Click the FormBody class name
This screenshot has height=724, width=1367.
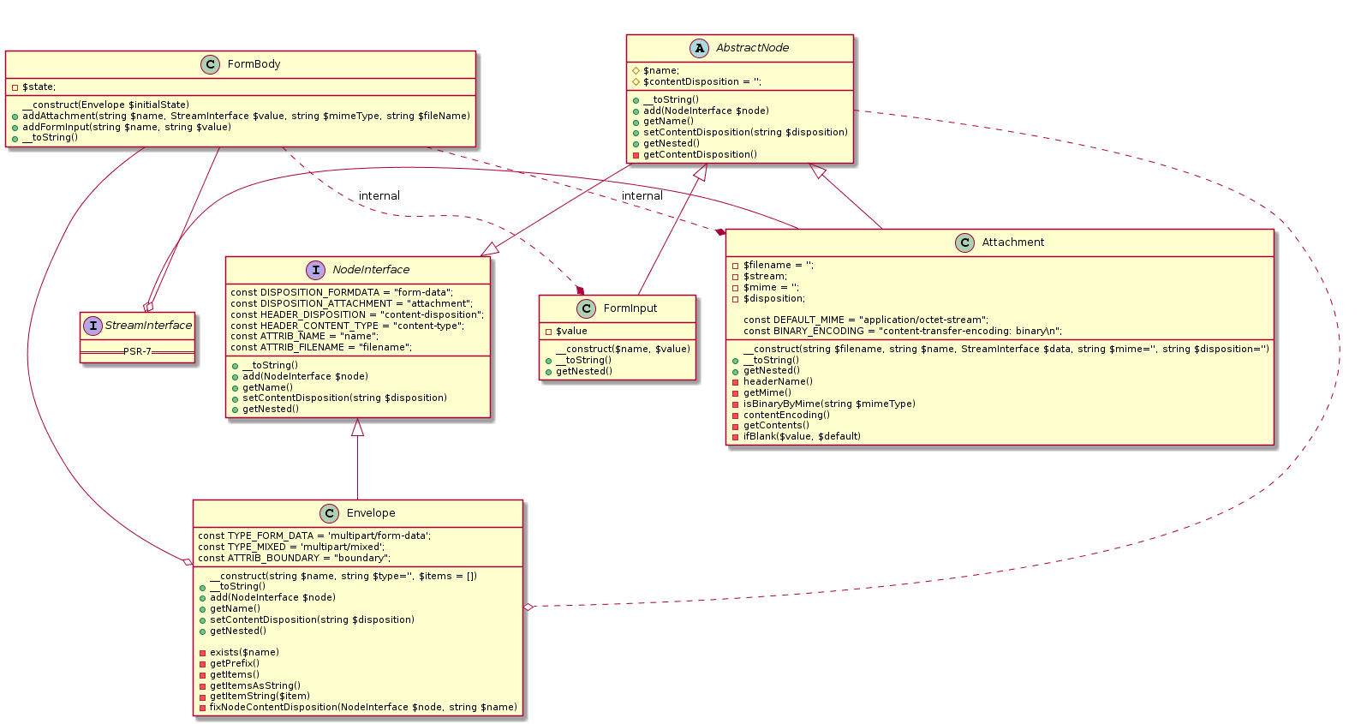pos(254,64)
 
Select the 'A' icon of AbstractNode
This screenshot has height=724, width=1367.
pos(700,48)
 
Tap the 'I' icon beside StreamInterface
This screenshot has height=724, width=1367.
pos(93,326)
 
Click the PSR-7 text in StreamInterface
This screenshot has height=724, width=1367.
pos(137,352)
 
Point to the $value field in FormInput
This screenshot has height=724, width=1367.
pos(571,331)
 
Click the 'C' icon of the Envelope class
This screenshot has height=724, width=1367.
pos(331,513)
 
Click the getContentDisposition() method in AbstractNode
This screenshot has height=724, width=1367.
pos(700,154)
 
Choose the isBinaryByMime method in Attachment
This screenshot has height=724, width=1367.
pos(828,404)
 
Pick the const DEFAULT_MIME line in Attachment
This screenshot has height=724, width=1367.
pos(865,320)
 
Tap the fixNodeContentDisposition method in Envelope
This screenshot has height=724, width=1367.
pos(363,707)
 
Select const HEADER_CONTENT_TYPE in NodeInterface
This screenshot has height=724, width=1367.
pos(347,326)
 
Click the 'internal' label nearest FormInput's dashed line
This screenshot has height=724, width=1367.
pos(379,196)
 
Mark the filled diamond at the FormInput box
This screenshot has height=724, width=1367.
pos(581,291)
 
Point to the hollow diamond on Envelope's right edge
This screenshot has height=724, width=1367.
pos(528,607)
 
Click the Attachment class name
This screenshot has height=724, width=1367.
pos(1012,242)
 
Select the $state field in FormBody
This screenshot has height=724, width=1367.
pos(39,87)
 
